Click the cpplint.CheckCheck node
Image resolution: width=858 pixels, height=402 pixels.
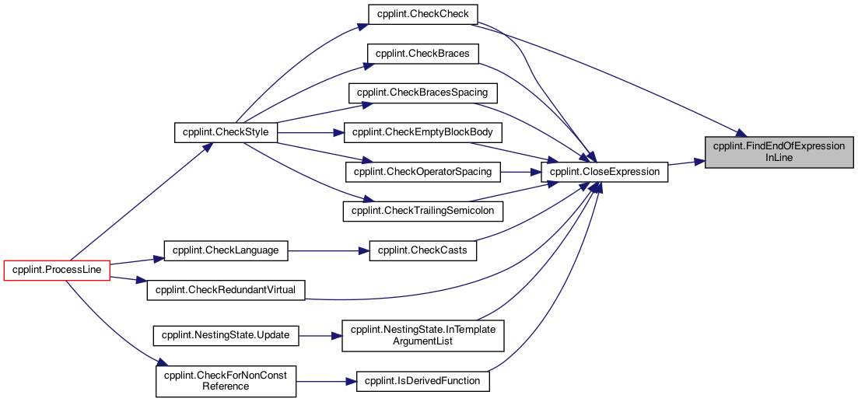pos(423,14)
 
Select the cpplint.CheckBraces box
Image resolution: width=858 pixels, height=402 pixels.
pos(423,54)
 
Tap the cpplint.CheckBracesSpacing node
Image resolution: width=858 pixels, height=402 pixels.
pos(423,93)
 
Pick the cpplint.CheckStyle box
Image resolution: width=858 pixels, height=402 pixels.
pos(226,133)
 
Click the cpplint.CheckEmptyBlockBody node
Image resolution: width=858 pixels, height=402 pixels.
pos(423,133)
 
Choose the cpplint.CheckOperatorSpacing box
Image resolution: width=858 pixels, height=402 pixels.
pos(423,173)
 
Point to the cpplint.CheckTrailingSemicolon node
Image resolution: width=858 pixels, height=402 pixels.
pos(423,211)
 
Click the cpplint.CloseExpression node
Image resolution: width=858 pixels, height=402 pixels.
pos(604,173)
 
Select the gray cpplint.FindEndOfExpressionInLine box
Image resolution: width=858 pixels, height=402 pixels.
pos(779,152)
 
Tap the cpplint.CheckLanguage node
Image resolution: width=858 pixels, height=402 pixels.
pos(226,251)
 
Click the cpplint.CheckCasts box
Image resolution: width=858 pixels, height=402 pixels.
pos(423,251)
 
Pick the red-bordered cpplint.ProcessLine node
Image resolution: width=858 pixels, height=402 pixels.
pos(58,271)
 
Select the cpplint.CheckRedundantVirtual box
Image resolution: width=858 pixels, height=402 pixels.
pos(226,290)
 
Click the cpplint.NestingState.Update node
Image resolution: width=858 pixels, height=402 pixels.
pos(226,335)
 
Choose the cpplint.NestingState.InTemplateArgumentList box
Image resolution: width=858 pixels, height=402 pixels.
pos(423,335)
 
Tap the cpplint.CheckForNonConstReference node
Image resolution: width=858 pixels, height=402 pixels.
pos(226,381)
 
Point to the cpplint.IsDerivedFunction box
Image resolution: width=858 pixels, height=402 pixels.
pos(423,381)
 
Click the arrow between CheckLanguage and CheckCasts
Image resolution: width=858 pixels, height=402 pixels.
pos(329,251)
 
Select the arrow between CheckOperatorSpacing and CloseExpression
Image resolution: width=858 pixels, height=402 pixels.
pos(520,173)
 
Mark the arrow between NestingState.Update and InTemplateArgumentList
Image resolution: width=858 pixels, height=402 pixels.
pos(320,335)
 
